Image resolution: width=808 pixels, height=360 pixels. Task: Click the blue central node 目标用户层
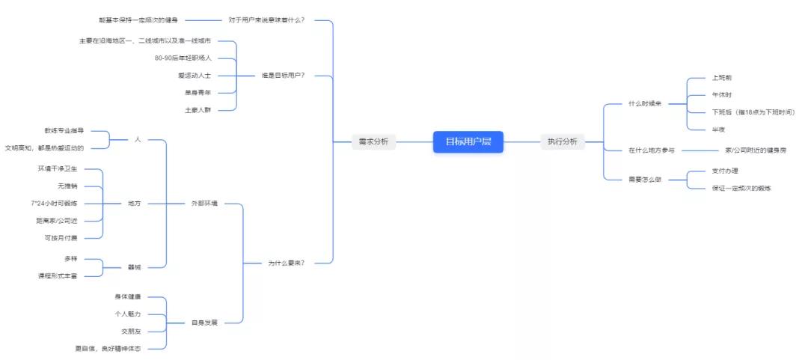[x=468, y=141]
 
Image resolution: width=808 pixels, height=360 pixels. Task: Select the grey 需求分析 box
[x=373, y=141]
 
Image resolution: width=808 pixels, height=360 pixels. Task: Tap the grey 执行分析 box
[x=562, y=141]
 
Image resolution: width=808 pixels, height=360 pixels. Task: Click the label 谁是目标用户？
[x=283, y=75]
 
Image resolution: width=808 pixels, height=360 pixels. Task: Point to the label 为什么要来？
[x=286, y=263]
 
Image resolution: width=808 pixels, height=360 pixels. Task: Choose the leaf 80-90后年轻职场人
[x=183, y=58]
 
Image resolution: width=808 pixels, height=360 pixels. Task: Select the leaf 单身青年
[x=198, y=92]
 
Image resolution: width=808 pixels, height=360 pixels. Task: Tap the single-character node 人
[x=138, y=139]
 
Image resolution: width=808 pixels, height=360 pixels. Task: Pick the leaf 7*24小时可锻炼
[x=54, y=203]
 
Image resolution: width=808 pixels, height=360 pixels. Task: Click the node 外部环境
[x=203, y=204]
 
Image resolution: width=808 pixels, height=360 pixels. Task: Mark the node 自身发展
[x=203, y=323]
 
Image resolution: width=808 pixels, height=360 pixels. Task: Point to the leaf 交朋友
[x=131, y=331]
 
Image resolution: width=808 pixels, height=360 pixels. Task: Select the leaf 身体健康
[x=128, y=296]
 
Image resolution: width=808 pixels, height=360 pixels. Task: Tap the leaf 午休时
[x=722, y=95]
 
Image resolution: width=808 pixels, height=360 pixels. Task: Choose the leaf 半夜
[x=719, y=129]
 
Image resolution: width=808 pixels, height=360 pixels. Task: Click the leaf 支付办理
[x=725, y=171]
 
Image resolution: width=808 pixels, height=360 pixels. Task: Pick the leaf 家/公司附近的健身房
[x=756, y=150]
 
